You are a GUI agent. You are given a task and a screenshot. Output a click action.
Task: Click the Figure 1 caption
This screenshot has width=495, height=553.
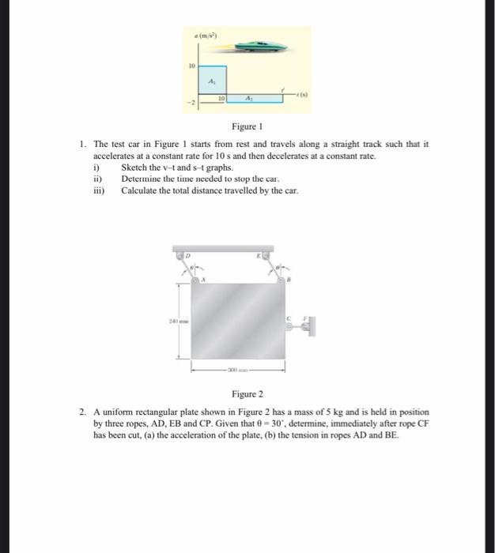(x=247, y=126)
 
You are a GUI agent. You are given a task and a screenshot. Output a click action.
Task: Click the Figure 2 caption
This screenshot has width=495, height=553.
(x=247, y=393)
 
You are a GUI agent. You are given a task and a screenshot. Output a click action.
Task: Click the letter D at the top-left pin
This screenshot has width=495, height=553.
(x=187, y=255)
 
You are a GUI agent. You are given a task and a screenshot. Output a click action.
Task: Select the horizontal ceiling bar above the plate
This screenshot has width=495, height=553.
(x=224, y=248)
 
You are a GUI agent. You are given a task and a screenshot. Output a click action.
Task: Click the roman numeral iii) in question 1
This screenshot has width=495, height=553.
(x=99, y=190)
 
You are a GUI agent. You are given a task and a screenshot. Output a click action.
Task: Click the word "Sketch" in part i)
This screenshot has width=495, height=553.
(x=134, y=168)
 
